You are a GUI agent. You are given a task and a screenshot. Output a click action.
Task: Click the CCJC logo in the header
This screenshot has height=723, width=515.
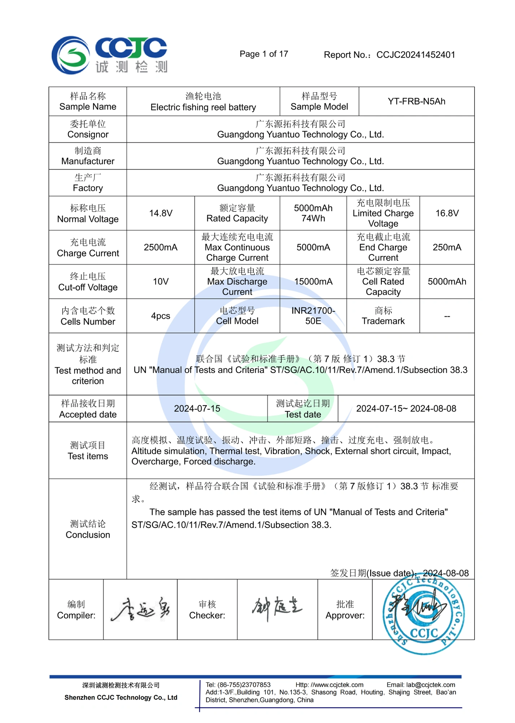click(x=109, y=55)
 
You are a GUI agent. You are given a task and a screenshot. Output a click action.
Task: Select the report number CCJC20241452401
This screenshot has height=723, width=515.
click(x=415, y=55)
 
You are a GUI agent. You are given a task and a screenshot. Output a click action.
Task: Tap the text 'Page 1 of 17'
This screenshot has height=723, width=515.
click(x=264, y=54)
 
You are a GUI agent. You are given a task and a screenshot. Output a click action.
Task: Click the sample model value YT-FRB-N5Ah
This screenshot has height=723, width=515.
click(x=416, y=102)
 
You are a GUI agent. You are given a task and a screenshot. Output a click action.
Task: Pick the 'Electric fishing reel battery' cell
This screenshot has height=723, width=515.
click(x=203, y=102)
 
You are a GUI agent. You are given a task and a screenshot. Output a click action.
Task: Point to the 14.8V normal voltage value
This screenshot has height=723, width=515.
click(x=161, y=213)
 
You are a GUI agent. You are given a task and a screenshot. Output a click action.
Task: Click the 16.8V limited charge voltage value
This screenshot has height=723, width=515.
click(x=447, y=213)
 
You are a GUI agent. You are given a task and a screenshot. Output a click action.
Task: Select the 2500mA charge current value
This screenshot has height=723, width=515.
click(x=161, y=248)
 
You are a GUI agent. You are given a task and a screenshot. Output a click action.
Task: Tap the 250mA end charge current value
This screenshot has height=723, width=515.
click(x=447, y=248)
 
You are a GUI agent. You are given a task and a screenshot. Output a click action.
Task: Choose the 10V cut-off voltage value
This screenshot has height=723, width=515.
click(x=161, y=282)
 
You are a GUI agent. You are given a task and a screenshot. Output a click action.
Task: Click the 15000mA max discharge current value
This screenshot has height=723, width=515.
click(x=313, y=282)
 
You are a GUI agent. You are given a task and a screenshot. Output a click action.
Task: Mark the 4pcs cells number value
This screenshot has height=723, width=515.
click(x=161, y=316)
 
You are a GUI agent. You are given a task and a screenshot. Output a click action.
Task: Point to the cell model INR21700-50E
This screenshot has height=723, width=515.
click(x=313, y=316)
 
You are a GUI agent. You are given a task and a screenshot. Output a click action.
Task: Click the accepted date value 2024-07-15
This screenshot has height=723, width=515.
click(x=197, y=409)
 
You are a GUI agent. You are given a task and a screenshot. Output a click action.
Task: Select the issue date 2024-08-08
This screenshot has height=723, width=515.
click(x=446, y=573)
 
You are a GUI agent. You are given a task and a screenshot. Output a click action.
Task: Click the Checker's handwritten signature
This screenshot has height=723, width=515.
click(x=277, y=608)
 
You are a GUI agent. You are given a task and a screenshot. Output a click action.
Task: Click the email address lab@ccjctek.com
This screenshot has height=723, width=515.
click(x=430, y=685)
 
